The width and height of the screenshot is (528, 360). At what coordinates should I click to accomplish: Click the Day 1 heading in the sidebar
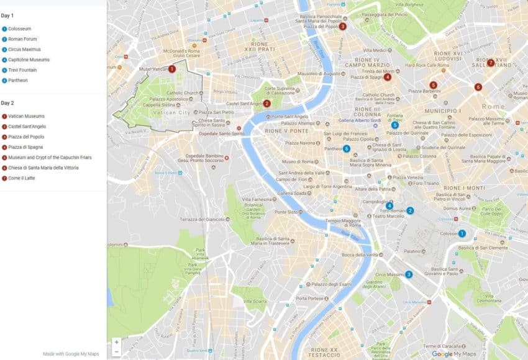7,15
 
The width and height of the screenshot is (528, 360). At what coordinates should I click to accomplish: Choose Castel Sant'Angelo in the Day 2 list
25,127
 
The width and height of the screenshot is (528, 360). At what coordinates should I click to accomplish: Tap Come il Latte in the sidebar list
21,178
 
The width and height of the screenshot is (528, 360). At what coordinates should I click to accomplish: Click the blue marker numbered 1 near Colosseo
462,233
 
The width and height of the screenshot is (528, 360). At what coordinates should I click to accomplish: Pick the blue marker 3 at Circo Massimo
408,274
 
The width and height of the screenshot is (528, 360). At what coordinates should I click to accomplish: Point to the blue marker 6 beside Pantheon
346,148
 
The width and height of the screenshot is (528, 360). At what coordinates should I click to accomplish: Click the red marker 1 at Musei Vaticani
171,69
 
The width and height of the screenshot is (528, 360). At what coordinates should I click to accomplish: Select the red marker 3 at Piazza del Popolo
342,26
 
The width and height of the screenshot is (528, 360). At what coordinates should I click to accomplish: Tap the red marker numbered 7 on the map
490,63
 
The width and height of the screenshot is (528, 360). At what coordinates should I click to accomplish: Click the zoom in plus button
116,342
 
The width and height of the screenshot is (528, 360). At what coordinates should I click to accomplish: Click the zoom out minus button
116,351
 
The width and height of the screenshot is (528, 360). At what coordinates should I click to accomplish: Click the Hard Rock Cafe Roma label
427,65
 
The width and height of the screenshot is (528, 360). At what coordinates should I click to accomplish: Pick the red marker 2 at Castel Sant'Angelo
266,104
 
